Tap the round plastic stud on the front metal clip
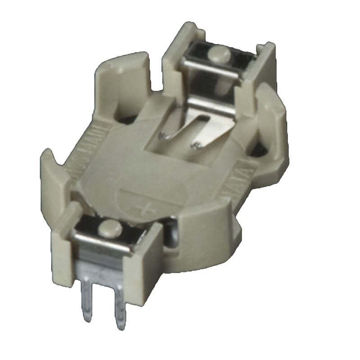click(108, 228)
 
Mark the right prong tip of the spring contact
click(197, 145)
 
